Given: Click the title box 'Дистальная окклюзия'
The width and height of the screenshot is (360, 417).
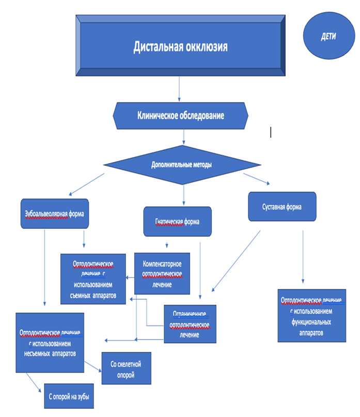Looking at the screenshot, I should point(180,46).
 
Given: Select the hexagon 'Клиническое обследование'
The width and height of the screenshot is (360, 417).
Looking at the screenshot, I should point(180,116).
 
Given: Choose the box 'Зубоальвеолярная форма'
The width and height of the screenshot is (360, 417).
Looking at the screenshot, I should point(55,213).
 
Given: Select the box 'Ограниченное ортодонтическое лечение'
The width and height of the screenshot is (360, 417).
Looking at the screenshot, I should point(190,324).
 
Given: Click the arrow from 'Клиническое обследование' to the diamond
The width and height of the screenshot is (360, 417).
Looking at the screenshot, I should point(184,137).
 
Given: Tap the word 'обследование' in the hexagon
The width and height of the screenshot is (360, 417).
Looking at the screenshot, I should point(202,116).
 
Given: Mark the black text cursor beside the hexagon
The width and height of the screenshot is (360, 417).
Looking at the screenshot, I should point(271,132).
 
